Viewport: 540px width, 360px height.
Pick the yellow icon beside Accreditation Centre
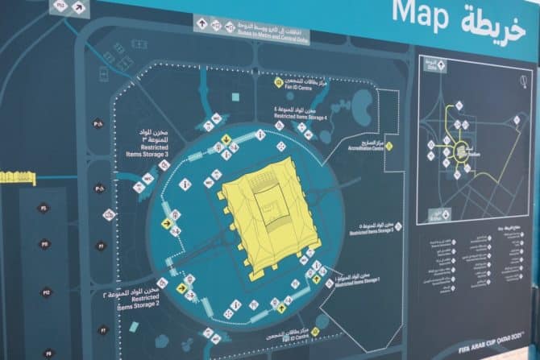(388, 146)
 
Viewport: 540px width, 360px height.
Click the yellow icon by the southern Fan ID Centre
(315, 330)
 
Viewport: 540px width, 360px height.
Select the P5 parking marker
(45, 208)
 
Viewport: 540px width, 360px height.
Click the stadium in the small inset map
(463, 151)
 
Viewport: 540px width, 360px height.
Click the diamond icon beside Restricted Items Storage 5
(398, 226)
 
